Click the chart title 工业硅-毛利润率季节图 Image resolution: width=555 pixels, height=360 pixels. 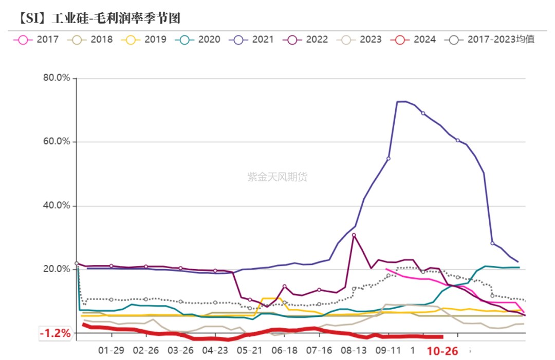pos(98,18)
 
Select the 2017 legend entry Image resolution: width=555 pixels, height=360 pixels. pos(39,39)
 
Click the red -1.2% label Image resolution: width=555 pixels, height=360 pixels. pos(55,333)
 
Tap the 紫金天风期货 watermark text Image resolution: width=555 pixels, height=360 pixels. pos(277,177)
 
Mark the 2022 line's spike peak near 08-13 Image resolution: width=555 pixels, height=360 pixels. pos(354,235)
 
